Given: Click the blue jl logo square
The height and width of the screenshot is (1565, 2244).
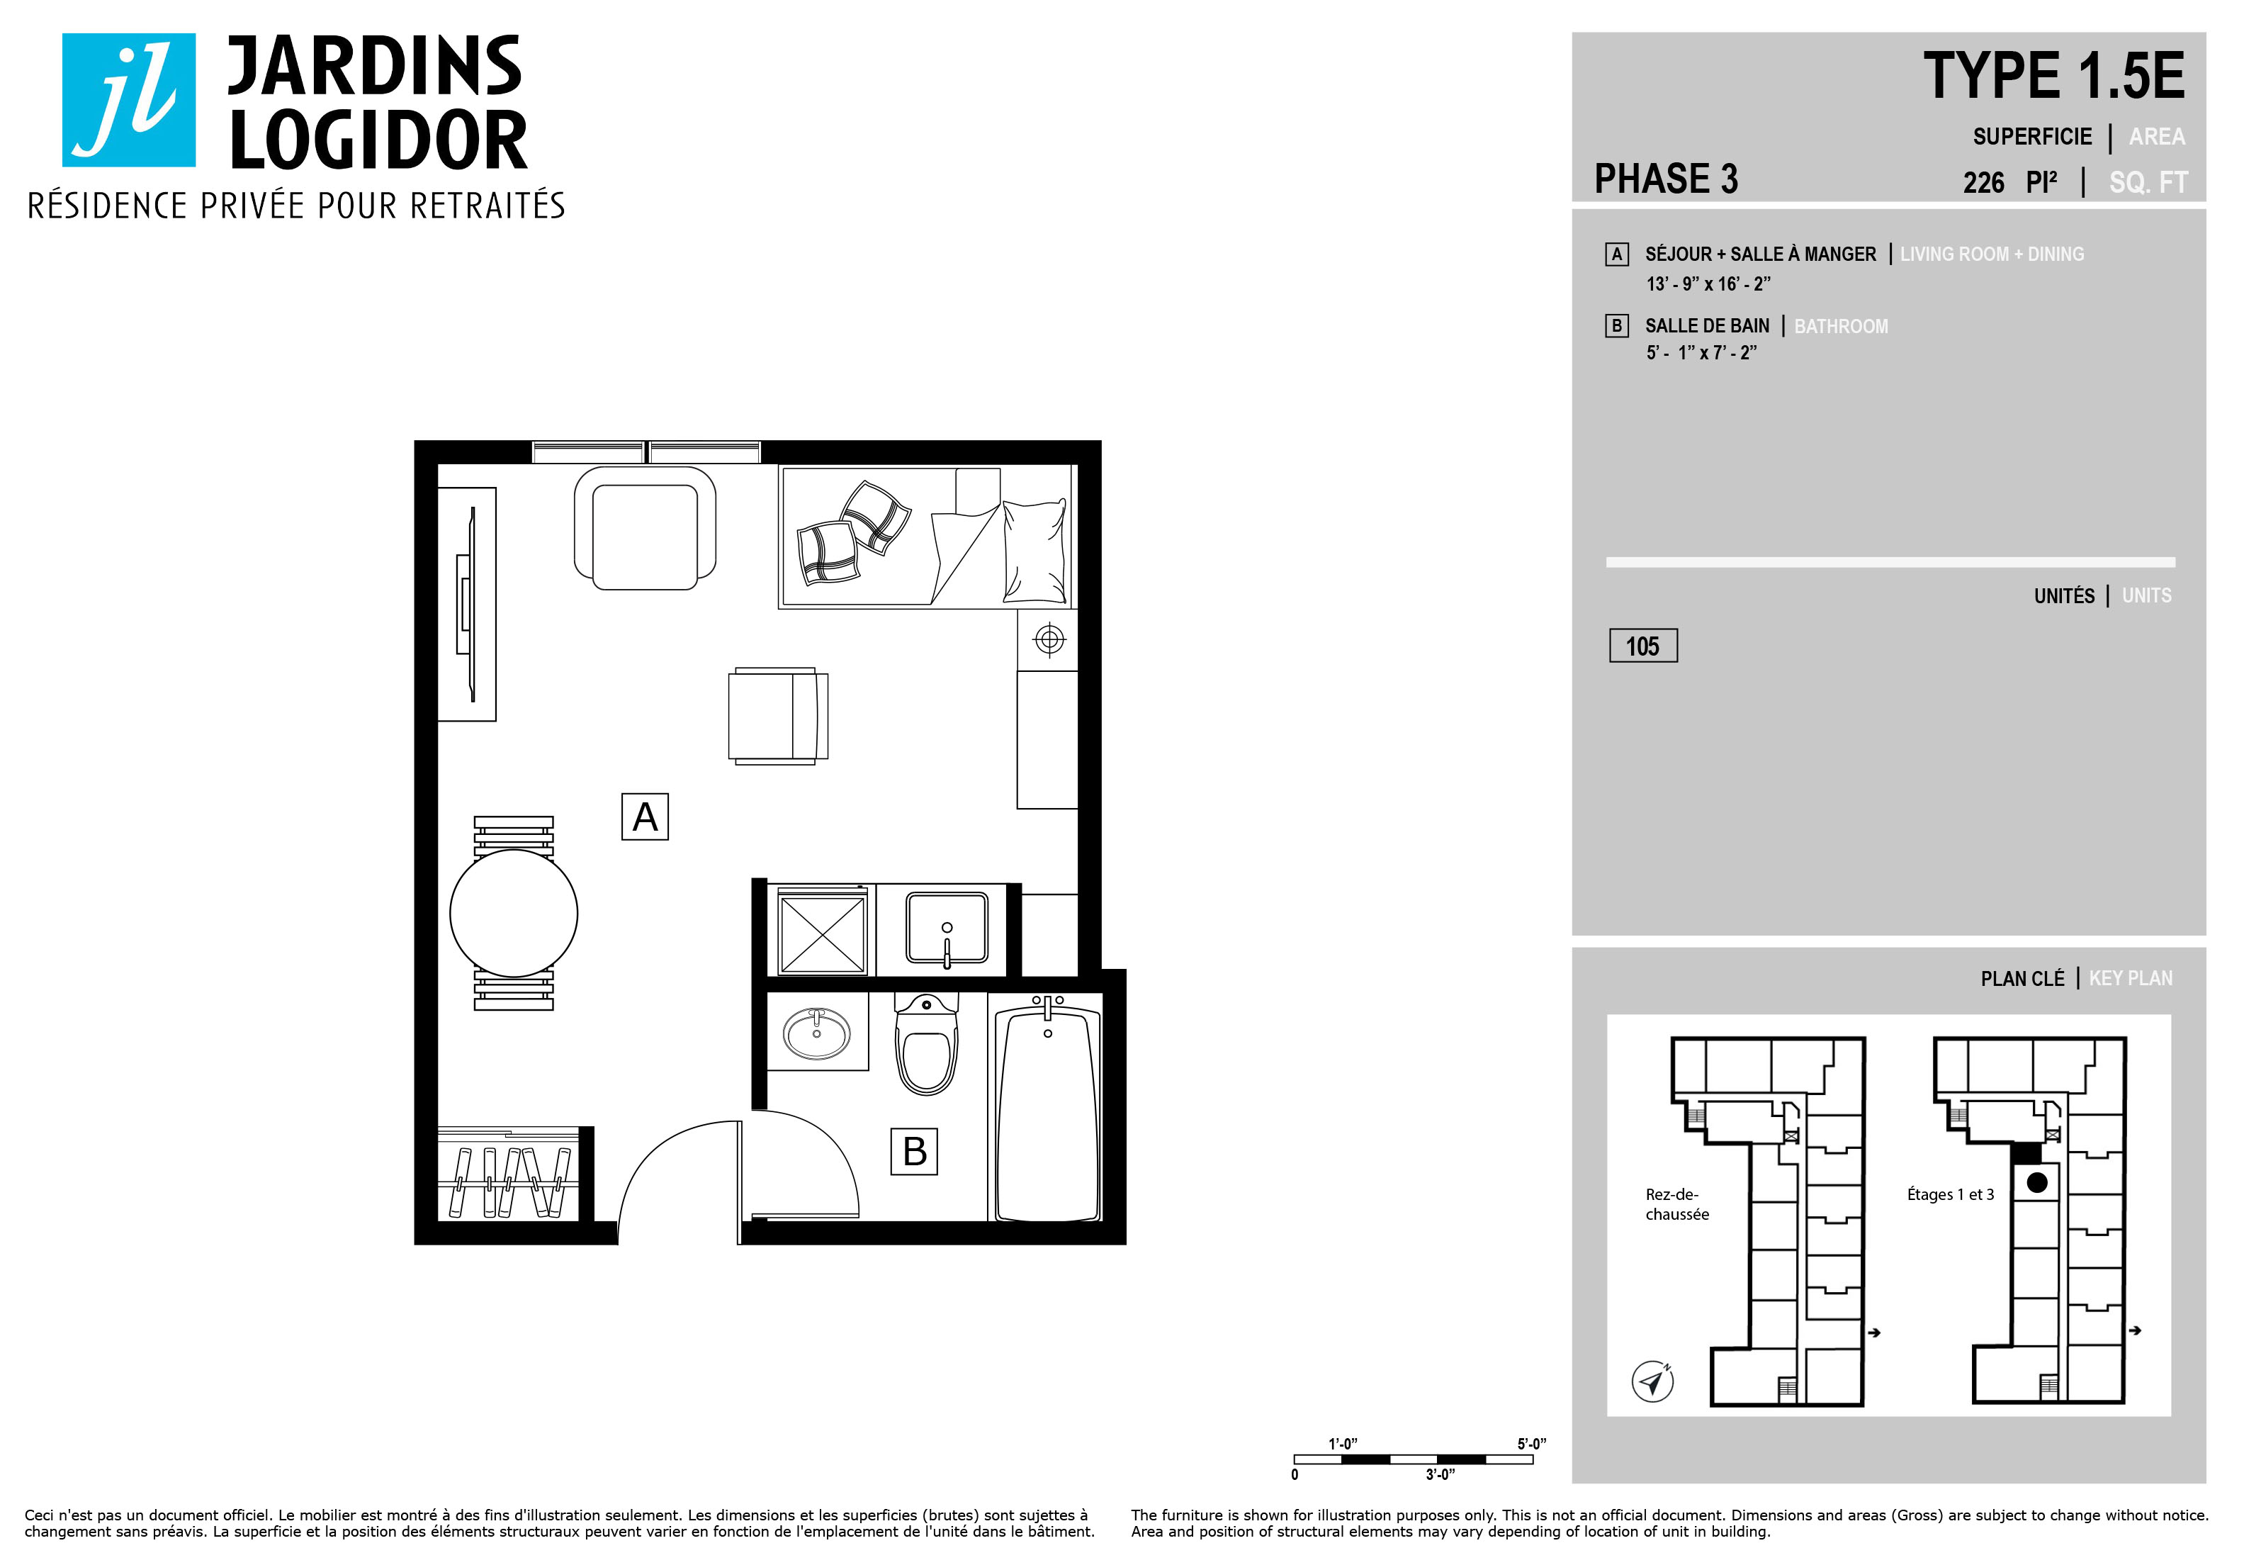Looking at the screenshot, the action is pos(129,100).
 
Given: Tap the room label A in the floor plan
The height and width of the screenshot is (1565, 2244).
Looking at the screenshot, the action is pos(645,817).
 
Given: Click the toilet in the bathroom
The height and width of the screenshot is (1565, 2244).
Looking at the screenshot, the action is pos(927,1044).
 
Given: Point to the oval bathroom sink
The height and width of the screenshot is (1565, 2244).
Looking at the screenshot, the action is pos(817,1033).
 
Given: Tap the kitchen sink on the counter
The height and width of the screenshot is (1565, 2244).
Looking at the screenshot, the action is pos(946,928).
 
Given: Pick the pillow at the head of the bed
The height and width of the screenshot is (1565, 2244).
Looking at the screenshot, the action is pos(1034,551).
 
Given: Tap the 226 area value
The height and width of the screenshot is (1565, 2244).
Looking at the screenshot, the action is pos(1983,183).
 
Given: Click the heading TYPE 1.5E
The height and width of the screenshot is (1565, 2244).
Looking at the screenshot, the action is pos(2053,77).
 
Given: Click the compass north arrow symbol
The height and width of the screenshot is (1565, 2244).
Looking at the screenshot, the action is pos(1652,1381).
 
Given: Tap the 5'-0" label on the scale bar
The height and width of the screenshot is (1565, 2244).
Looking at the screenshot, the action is pos(1531,1444).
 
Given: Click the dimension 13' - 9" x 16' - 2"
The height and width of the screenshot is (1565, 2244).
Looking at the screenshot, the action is pos(1708,284).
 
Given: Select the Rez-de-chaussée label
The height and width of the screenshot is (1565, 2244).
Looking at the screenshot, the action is pos(1677,1204).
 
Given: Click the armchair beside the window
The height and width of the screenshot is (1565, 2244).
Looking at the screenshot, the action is pos(645,528).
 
